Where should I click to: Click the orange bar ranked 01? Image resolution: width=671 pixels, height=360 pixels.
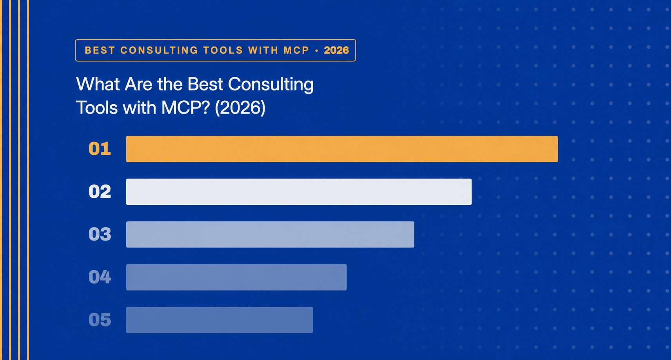342,149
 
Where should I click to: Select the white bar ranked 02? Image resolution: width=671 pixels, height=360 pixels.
299,192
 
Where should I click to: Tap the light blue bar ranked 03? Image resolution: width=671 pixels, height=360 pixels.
270,235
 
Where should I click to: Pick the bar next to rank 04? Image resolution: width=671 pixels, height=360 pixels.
236,277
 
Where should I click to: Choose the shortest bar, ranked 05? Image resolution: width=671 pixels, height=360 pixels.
219,320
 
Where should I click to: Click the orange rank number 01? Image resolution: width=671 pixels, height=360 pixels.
100,149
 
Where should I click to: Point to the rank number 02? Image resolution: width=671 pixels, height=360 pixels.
100,192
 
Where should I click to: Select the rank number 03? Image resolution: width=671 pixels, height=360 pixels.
100,235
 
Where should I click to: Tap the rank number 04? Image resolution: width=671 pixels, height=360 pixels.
100,277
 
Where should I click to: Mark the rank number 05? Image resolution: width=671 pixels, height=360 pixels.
100,320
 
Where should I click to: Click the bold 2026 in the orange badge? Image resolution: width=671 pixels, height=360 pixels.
336,50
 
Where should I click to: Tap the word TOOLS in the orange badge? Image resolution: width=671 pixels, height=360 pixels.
223,50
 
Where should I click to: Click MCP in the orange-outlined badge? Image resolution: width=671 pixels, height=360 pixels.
296,50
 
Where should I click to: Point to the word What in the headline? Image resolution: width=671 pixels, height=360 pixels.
98,84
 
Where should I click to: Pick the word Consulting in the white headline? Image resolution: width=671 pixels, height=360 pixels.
271,85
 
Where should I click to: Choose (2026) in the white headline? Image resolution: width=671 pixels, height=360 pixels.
240,107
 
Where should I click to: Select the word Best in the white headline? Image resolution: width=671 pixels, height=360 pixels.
205,84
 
